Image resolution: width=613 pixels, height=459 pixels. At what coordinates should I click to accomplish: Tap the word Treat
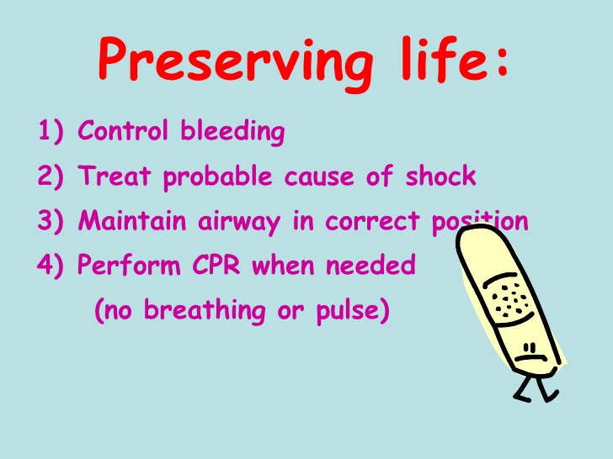point(115,177)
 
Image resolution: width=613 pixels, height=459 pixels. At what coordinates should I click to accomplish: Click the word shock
point(440,177)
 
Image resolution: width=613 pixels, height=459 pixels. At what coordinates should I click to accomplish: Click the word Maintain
point(136,222)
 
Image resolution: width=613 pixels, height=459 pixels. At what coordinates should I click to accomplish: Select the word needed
point(370,266)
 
